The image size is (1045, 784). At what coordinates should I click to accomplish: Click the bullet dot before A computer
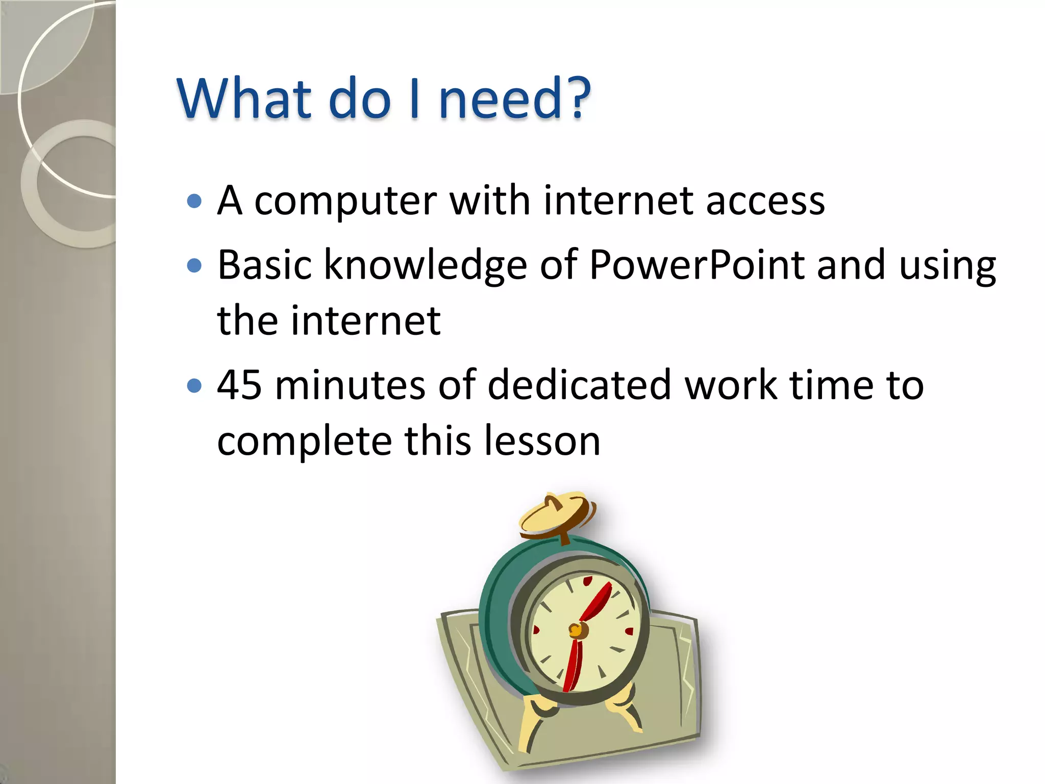(x=194, y=201)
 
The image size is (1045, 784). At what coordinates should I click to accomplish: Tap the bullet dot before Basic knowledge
(x=194, y=265)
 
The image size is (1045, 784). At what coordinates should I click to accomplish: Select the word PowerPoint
(x=696, y=265)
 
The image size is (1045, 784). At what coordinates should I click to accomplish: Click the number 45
(x=239, y=385)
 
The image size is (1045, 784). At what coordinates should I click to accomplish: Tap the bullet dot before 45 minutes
(x=194, y=385)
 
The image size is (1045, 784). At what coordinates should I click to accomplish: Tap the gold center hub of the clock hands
(x=577, y=630)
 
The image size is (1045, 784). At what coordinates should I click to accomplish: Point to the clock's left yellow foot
(x=536, y=717)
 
